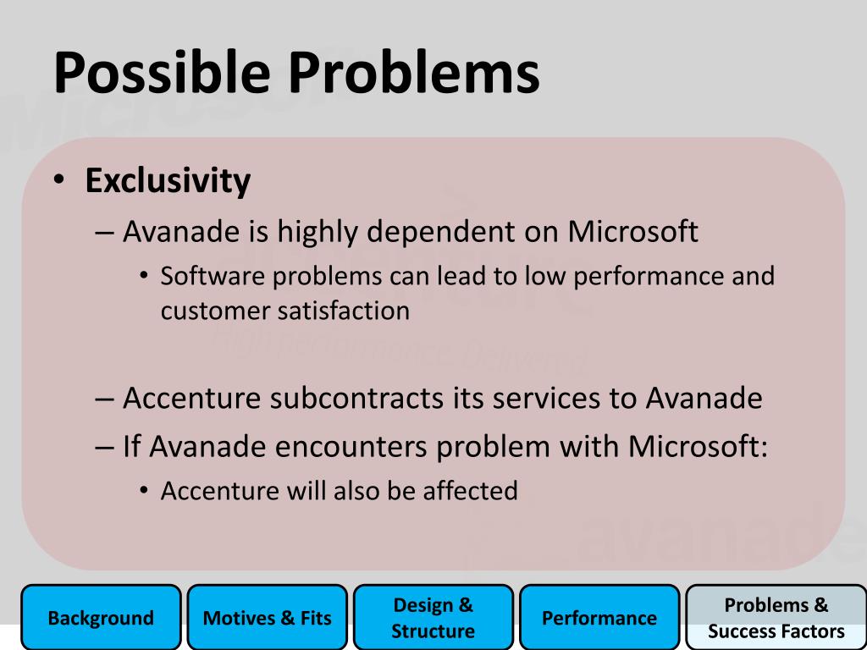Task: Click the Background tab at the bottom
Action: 102,617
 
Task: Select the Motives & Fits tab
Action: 268,617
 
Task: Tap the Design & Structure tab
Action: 433,617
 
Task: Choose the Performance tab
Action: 600,617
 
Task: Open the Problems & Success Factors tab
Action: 776,617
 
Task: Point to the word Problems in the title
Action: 414,73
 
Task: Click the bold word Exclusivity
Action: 168,181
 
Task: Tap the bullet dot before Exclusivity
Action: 59,179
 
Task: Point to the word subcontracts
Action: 356,398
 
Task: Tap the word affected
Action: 470,490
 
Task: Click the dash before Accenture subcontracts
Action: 104,399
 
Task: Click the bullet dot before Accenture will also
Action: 144,490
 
